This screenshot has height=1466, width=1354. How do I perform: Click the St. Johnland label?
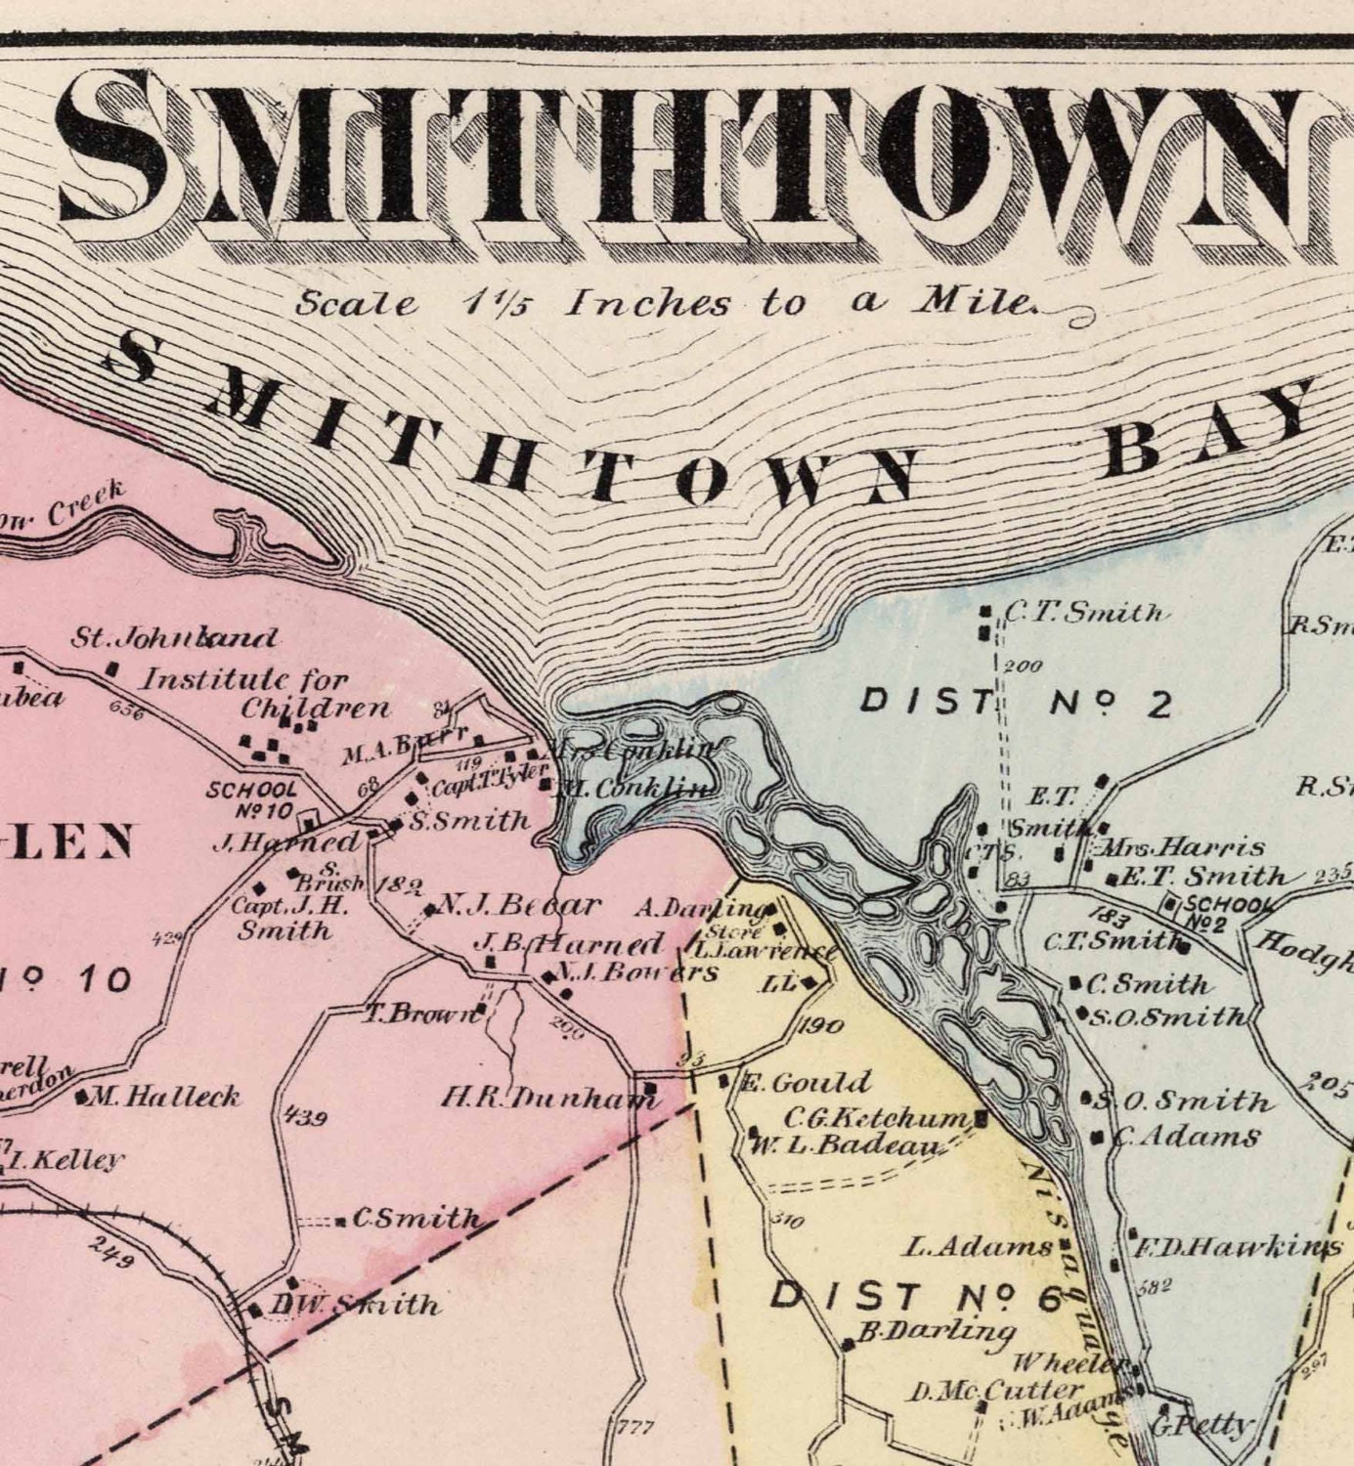pos(174,638)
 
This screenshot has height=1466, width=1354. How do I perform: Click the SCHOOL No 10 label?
pos(250,798)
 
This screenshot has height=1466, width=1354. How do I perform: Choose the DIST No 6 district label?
pos(914,1297)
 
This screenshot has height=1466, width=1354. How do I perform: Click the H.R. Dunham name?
pos(547,1098)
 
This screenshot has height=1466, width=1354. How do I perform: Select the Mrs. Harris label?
pos(1181,846)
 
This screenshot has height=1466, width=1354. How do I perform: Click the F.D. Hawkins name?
pos(1237,1247)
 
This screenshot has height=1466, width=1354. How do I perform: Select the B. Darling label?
pos(937,1331)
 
